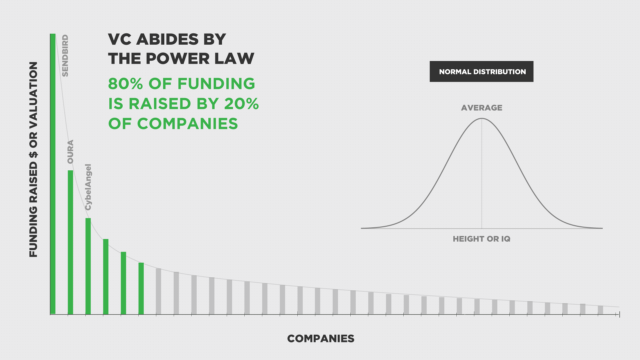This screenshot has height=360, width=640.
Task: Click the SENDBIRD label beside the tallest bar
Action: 65,56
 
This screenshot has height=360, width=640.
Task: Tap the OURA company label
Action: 70,152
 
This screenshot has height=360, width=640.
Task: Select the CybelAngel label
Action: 88,187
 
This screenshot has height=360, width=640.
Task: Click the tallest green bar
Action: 53,174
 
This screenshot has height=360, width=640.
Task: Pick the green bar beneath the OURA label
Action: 70,242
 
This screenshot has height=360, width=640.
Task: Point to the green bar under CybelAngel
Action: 88,266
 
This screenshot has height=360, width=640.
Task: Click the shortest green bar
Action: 141,289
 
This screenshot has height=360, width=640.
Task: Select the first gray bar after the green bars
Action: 159,291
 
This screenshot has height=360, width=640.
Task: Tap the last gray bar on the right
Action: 600,310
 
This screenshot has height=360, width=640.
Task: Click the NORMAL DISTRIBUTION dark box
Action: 481,71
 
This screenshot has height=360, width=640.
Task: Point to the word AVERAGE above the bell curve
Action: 482,108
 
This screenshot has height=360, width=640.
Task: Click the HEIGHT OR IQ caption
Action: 482,239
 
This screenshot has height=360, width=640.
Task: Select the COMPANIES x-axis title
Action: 321,339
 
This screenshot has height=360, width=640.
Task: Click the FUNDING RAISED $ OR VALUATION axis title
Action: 33,159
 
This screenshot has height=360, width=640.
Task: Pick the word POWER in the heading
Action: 178,59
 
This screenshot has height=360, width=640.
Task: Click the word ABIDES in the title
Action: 167,39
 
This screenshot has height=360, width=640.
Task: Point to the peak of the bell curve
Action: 482,118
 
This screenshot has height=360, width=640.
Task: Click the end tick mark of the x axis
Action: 619,314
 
